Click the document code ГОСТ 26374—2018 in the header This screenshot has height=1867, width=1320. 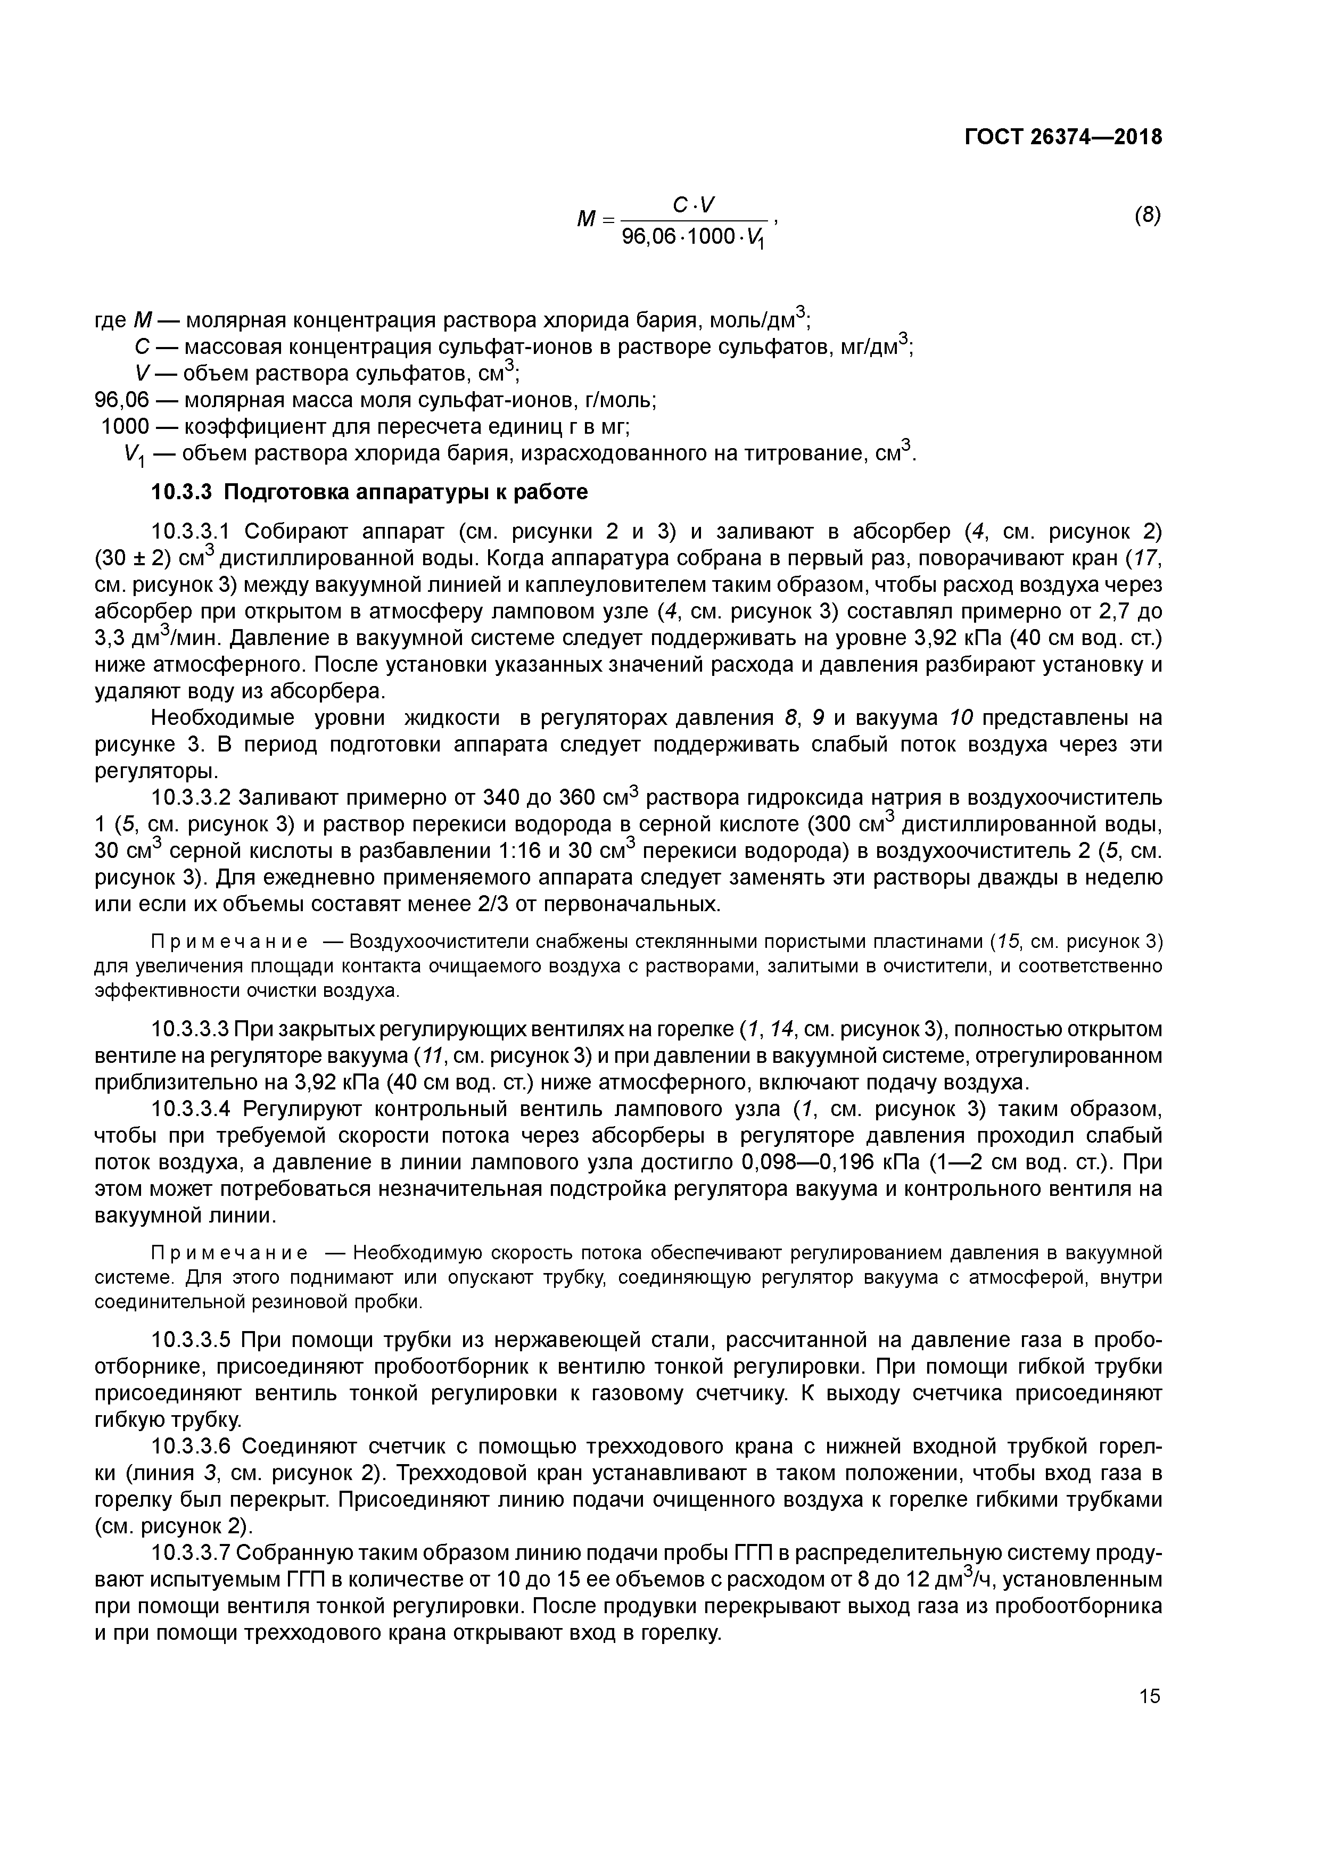pyautogui.click(x=1063, y=137)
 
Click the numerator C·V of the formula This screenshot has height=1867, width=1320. pyautogui.click(x=694, y=206)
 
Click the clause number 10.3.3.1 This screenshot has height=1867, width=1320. pyautogui.click(x=193, y=532)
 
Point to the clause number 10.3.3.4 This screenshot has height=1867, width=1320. pyautogui.click(x=193, y=1109)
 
